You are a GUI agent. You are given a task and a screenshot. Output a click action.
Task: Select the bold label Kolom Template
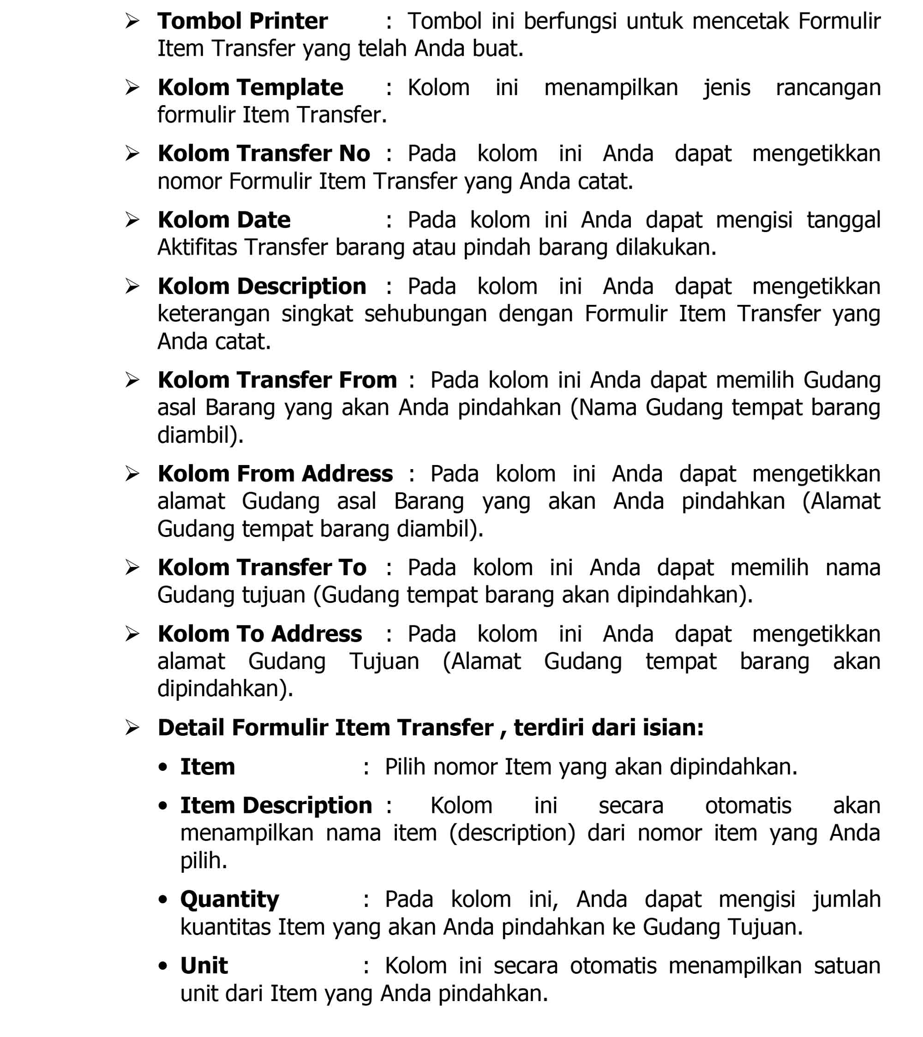click(250, 87)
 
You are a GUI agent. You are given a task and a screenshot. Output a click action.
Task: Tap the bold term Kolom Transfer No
click(264, 154)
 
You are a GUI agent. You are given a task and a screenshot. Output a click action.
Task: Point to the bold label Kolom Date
click(224, 220)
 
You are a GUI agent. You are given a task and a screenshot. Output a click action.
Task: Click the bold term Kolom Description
click(261, 286)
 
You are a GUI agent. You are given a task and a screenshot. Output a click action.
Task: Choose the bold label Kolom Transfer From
click(277, 380)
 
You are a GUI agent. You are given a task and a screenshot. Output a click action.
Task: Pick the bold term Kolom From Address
click(275, 474)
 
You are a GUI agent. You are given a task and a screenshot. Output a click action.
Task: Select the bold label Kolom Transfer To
click(261, 568)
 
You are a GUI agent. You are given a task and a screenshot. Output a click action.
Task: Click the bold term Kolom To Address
click(259, 634)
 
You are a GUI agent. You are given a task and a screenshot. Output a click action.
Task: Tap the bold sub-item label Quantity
click(229, 900)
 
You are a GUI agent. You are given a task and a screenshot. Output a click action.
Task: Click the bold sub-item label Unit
click(204, 965)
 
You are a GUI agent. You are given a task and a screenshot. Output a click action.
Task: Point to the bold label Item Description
click(276, 805)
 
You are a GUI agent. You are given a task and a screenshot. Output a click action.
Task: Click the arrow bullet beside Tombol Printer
click(132, 21)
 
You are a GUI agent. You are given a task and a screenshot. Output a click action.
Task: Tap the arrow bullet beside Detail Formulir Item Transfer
click(132, 728)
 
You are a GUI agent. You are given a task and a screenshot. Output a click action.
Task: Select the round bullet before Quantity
click(163, 900)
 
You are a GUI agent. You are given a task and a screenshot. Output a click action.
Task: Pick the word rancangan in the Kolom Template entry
click(827, 87)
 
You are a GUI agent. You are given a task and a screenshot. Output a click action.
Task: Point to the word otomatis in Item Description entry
click(748, 805)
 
